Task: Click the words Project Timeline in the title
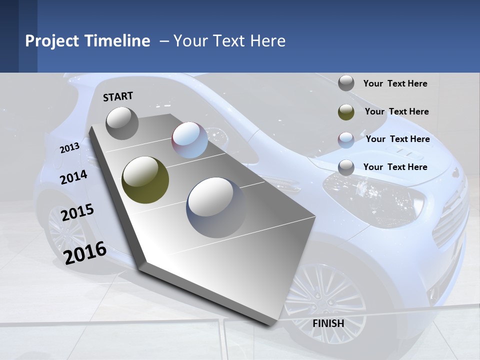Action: click(87, 41)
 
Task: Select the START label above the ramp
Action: click(118, 96)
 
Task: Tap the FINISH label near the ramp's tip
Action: click(328, 323)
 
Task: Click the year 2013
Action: click(69, 148)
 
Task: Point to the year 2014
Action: click(73, 177)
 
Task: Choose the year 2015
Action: click(77, 212)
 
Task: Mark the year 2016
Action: click(85, 252)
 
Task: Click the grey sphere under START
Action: click(122, 123)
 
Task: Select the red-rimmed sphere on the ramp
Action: click(189, 140)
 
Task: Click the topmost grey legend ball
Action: click(346, 83)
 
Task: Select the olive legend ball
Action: click(346, 112)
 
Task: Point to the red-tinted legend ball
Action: click(346, 140)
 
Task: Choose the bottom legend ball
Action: click(346, 167)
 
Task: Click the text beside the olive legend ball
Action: click(396, 111)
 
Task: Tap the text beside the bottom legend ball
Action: click(395, 167)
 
